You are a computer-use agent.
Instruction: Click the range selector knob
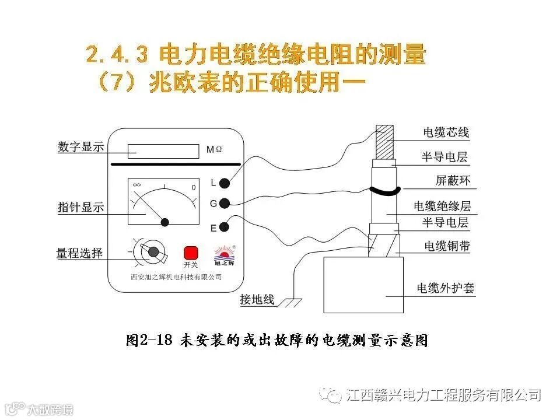[153, 252]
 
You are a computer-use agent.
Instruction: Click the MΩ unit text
[214, 150]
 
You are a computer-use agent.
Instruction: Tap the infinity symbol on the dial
[137, 185]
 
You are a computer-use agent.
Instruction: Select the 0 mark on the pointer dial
[194, 187]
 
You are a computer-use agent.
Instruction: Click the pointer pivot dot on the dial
[165, 222]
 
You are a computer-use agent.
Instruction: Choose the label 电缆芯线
[446, 132]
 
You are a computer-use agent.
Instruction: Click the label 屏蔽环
[453, 181]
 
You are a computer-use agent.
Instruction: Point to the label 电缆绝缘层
[442, 206]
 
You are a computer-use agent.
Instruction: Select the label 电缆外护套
[445, 288]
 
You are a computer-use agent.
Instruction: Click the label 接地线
[257, 300]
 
